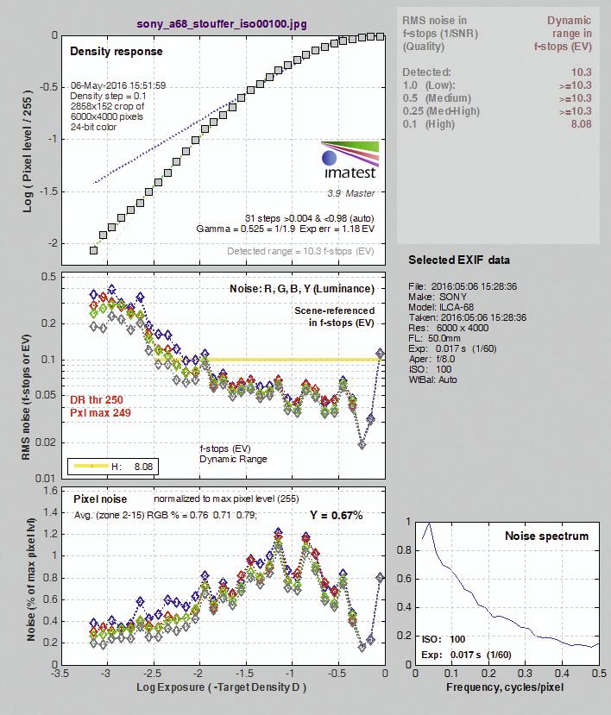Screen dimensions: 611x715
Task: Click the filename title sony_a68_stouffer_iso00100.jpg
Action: tap(222, 23)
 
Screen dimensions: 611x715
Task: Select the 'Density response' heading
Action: tap(117, 51)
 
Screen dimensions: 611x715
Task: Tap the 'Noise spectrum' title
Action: tap(546, 536)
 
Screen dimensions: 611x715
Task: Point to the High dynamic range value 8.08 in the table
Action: tap(582, 124)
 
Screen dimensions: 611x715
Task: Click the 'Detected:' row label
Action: tap(426, 72)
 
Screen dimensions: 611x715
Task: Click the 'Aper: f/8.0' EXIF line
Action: tap(432, 359)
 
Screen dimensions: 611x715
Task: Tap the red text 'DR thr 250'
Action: tap(97, 400)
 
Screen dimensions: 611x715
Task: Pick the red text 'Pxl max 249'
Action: tap(100, 412)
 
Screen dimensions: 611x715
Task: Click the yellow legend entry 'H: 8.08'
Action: tap(113, 467)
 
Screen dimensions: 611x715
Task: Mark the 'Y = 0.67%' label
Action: tap(337, 515)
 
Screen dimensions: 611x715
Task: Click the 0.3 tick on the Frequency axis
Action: tap(526, 674)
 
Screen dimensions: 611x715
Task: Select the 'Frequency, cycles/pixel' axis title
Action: tap(505, 687)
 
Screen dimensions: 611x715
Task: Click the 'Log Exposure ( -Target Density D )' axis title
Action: tap(221, 687)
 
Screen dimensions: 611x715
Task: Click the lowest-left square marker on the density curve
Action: tap(93, 250)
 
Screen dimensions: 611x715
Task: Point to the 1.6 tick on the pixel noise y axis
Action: tap(50, 491)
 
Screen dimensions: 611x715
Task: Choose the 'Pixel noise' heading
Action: tap(100, 499)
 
